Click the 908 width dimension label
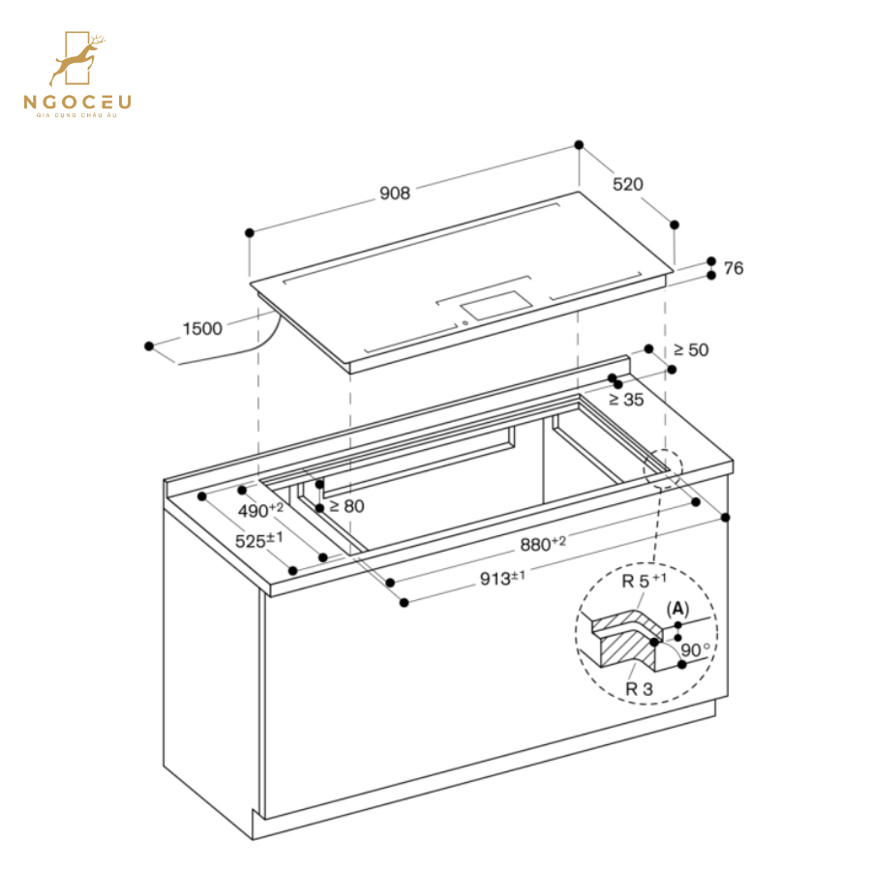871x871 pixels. (395, 194)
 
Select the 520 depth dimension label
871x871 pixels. (627, 184)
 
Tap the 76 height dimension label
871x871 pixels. (734, 268)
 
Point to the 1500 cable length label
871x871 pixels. (202, 328)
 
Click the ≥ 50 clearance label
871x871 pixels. (691, 349)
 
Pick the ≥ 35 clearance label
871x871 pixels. (626, 398)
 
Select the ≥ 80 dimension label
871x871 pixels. (346, 505)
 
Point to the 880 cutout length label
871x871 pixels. (543, 544)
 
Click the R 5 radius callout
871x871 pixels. (644, 582)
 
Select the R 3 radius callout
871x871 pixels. (639, 689)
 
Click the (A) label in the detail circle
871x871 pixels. (677, 608)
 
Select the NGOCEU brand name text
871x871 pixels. (78, 102)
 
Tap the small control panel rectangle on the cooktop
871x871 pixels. (496, 304)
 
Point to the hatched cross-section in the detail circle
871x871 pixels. (624, 639)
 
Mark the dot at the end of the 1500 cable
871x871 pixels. (149, 345)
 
